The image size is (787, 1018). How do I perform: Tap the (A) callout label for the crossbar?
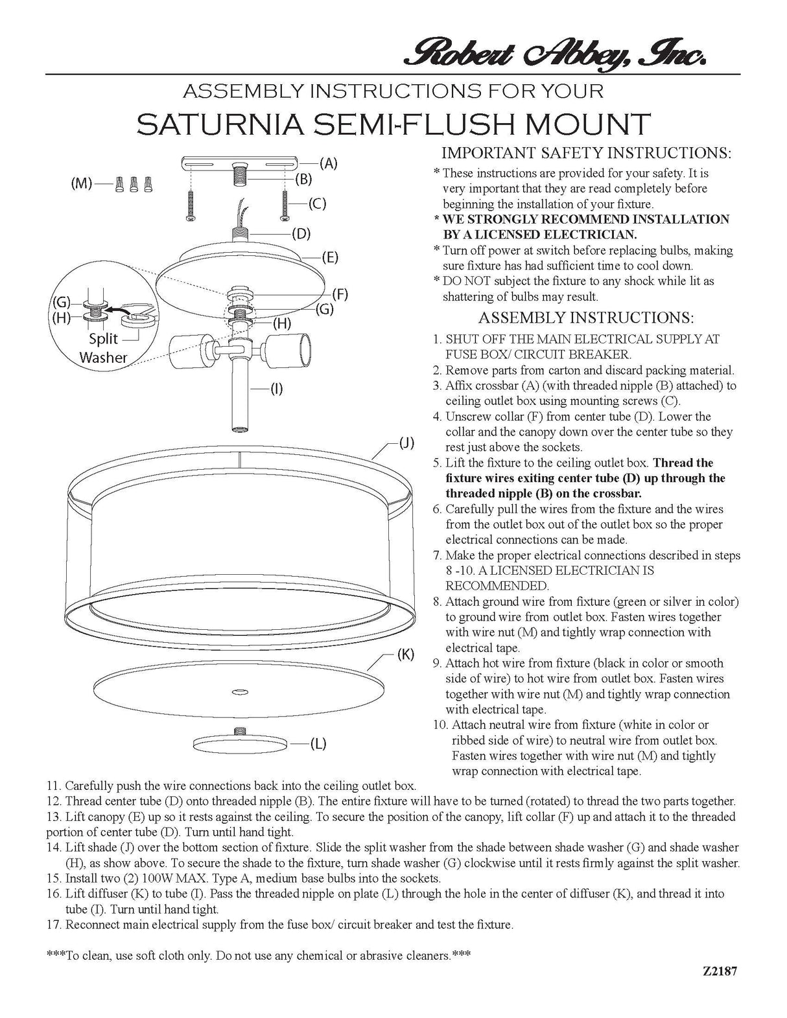click(328, 163)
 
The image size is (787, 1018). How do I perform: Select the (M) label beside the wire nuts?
click(81, 183)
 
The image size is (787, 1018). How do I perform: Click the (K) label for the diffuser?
click(405, 654)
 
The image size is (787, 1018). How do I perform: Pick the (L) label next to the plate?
click(317, 743)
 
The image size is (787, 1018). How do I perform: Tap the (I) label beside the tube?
click(276, 389)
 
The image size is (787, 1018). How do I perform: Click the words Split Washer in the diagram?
click(103, 348)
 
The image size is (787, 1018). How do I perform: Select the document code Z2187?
click(720, 971)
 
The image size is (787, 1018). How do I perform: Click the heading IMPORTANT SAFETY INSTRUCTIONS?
click(586, 154)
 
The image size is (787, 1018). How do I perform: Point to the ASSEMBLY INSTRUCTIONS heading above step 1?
click(586, 318)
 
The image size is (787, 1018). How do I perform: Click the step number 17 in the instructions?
click(54, 925)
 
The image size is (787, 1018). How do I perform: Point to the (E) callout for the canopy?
click(331, 257)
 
